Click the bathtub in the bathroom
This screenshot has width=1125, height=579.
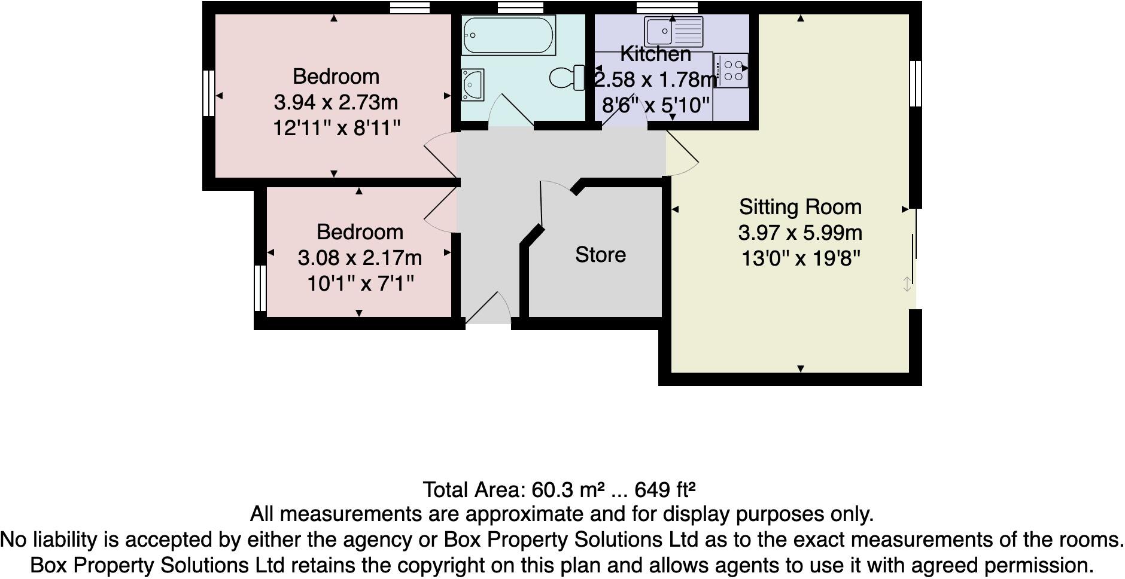pyautogui.click(x=509, y=36)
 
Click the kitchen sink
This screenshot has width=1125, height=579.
pyautogui.click(x=673, y=32)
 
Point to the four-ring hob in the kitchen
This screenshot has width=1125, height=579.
pyautogui.click(x=731, y=70)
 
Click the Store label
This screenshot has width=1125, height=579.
pyautogui.click(x=600, y=255)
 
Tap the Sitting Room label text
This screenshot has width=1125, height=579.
pyautogui.click(x=800, y=207)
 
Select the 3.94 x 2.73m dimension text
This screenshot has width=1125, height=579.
pyautogui.click(x=336, y=102)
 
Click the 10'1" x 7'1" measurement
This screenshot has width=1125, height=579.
pyautogui.click(x=360, y=283)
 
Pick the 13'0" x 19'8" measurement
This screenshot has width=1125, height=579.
pyautogui.click(x=800, y=258)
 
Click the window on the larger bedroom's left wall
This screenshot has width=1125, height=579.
pyautogui.click(x=208, y=93)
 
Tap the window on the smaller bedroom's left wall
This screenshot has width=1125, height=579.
pyautogui.click(x=260, y=288)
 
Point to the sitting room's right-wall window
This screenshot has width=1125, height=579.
pyautogui.click(x=915, y=83)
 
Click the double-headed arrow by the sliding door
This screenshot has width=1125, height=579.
pyautogui.click(x=907, y=285)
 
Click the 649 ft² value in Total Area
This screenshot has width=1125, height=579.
pyautogui.click(x=664, y=490)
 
